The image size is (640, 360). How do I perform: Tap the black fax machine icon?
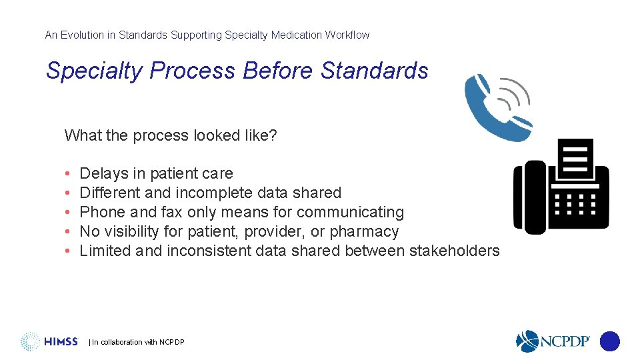click(561, 186)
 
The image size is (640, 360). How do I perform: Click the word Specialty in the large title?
click(94, 71)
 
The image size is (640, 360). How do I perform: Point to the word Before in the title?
click(278, 71)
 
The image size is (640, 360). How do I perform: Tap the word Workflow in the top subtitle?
click(347, 35)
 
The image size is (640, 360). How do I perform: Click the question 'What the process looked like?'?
click(171, 135)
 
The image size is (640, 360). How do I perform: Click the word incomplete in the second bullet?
click(217, 193)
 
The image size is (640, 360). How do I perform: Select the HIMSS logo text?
click(61, 342)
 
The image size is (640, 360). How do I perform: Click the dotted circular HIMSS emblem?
click(30, 341)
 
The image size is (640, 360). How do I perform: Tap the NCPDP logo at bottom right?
click(553, 341)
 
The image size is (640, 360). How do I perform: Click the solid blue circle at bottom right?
click(609, 341)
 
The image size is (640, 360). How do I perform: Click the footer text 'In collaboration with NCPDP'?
click(137, 343)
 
